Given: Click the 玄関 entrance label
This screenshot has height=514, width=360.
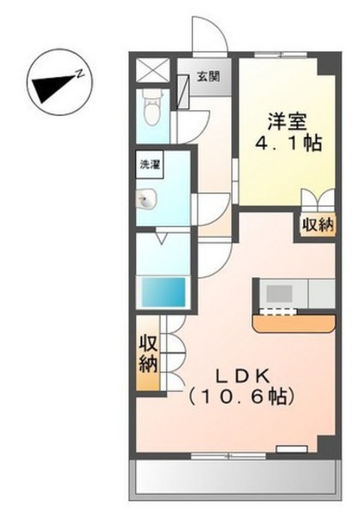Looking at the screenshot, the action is coord(208,76).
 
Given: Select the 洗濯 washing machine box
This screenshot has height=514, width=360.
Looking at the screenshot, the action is coord(149,164).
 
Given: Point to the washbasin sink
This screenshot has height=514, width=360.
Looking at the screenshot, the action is coord(146,199).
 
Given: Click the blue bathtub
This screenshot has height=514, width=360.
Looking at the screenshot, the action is coord(163,292).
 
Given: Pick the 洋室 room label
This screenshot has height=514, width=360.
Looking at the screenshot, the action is coord(287,121).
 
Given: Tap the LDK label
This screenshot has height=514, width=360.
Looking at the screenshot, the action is coord(243,377).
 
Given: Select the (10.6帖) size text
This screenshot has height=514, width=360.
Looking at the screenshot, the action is coord(240,398).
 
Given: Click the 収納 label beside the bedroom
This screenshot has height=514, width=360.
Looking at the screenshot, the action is coord(317,225).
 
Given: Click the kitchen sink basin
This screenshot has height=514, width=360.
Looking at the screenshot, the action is coord(279,293).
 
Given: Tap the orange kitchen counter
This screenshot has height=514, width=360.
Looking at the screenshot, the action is coord(294,324).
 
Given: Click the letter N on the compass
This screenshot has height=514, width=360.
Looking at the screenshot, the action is coord(80,74).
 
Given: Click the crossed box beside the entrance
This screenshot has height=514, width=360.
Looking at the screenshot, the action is coord(152,71).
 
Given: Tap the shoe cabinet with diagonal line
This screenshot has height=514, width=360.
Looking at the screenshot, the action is coord(182,92).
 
